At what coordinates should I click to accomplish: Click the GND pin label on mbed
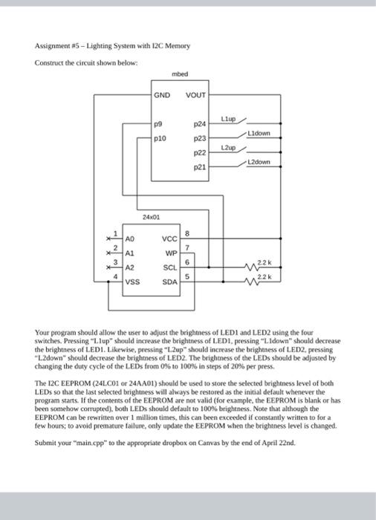pyautogui.click(x=162, y=95)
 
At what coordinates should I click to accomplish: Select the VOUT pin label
pyautogui.click(x=195, y=95)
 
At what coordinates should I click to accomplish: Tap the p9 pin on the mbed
pyautogui.click(x=158, y=126)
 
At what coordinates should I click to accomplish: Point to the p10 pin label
pyautogui.click(x=159, y=137)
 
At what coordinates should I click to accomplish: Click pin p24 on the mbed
pyautogui.click(x=199, y=126)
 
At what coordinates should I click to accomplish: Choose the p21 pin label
pyautogui.click(x=199, y=167)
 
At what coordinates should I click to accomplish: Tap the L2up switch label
pyautogui.click(x=227, y=148)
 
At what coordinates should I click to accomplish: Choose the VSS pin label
pyautogui.click(x=132, y=282)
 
